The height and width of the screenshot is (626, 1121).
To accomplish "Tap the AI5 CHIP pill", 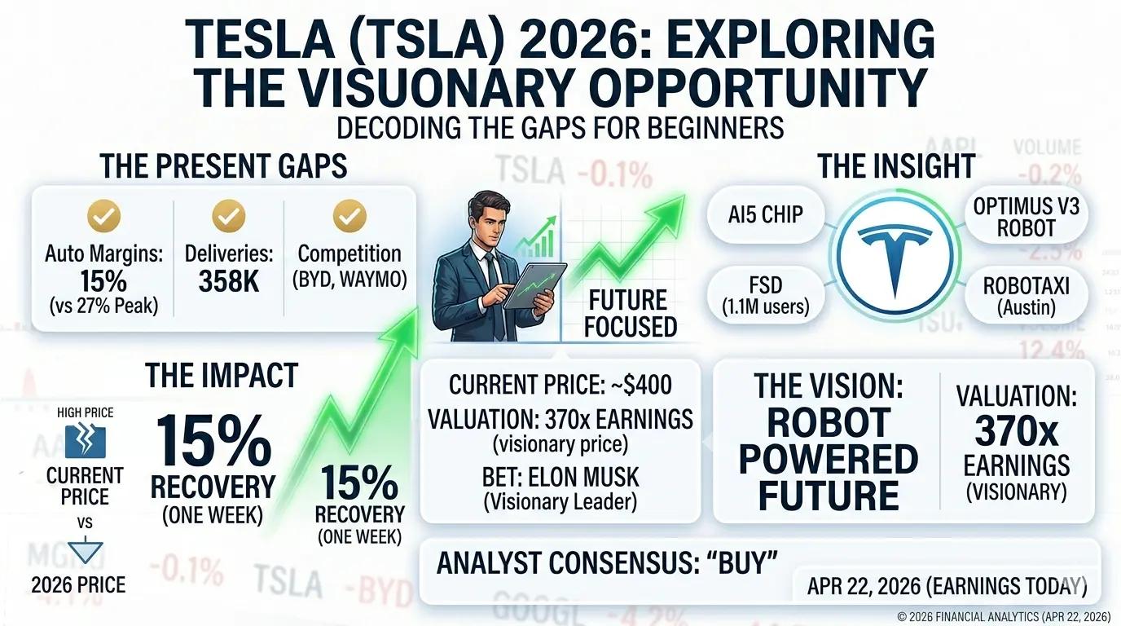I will pyautogui.click(x=767, y=215).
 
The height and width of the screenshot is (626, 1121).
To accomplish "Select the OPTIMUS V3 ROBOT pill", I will pyautogui.click(x=1026, y=218).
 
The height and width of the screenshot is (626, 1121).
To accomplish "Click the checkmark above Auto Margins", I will pyautogui.click(x=103, y=215).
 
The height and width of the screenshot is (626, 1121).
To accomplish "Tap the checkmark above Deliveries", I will pyautogui.click(x=229, y=215).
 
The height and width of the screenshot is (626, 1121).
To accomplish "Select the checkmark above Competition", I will pyautogui.click(x=349, y=215).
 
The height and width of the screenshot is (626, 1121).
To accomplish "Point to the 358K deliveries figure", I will pyautogui.click(x=229, y=282).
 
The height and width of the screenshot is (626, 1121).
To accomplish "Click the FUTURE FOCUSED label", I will pyautogui.click(x=630, y=313).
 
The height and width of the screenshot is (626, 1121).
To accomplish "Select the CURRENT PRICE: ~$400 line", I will pyautogui.click(x=560, y=384).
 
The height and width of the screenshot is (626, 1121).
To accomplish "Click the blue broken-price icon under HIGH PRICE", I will pyautogui.click(x=85, y=440).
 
